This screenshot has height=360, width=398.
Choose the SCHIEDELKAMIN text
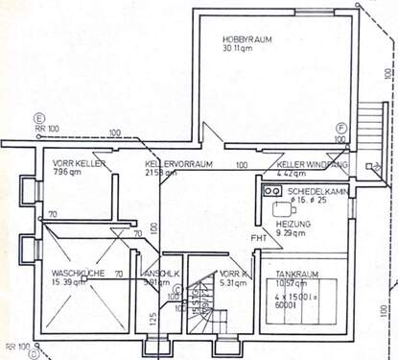pos(317,191)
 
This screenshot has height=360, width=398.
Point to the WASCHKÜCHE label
pos(78,272)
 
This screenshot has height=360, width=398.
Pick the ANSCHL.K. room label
pos(157,272)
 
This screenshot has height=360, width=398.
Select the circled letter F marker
pos(340,127)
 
